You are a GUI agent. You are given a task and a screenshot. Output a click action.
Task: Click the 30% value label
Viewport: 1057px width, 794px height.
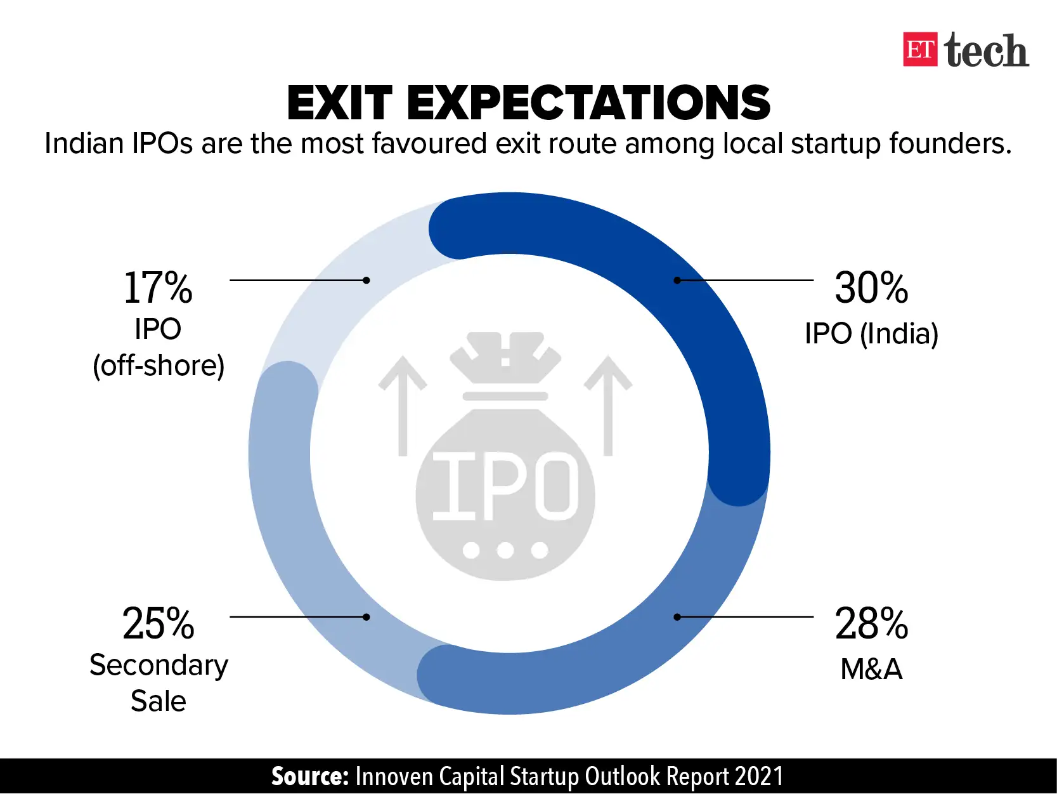pyautogui.click(x=871, y=288)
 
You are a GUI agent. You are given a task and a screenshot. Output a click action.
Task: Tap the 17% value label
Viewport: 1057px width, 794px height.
pyautogui.click(x=158, y=288)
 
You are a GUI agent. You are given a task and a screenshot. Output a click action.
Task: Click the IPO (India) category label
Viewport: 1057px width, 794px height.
pyautogui.click(x=871, y=333)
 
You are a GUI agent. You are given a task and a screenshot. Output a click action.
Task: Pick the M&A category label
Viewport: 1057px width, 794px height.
pyautogui.click(x=871, y=669)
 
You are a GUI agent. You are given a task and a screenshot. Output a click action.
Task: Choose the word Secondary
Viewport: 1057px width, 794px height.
pyautogui.click(x=159, y=665)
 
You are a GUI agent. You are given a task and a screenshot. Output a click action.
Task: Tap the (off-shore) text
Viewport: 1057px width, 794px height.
pyautogui.click(x=159, y=366)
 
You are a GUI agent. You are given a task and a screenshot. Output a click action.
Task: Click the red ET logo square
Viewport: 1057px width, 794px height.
pyautogui.click(x=919, y=50)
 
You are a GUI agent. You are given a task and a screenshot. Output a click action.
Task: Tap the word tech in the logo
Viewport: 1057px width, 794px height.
pyautogui.click(x=986, y=51)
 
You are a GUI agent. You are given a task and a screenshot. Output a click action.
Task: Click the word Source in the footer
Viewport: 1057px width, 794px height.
pyautogui.click(x=309, y=776)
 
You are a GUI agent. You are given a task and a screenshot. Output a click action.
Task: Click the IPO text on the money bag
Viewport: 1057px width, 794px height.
pyautogui.click(x=505, y=486)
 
